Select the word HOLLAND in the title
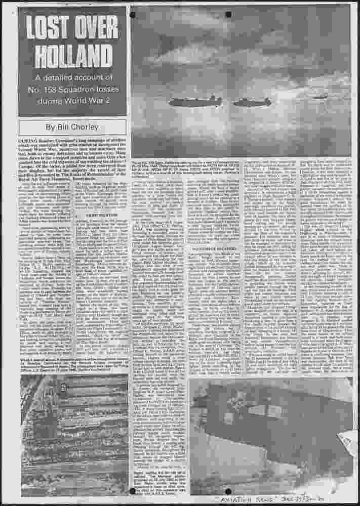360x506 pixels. [x=72, y=53]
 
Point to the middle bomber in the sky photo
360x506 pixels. [x=252, y=102]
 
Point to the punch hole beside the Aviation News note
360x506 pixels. [x=228, y=491]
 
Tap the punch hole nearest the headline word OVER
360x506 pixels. [x=133, y=15]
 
